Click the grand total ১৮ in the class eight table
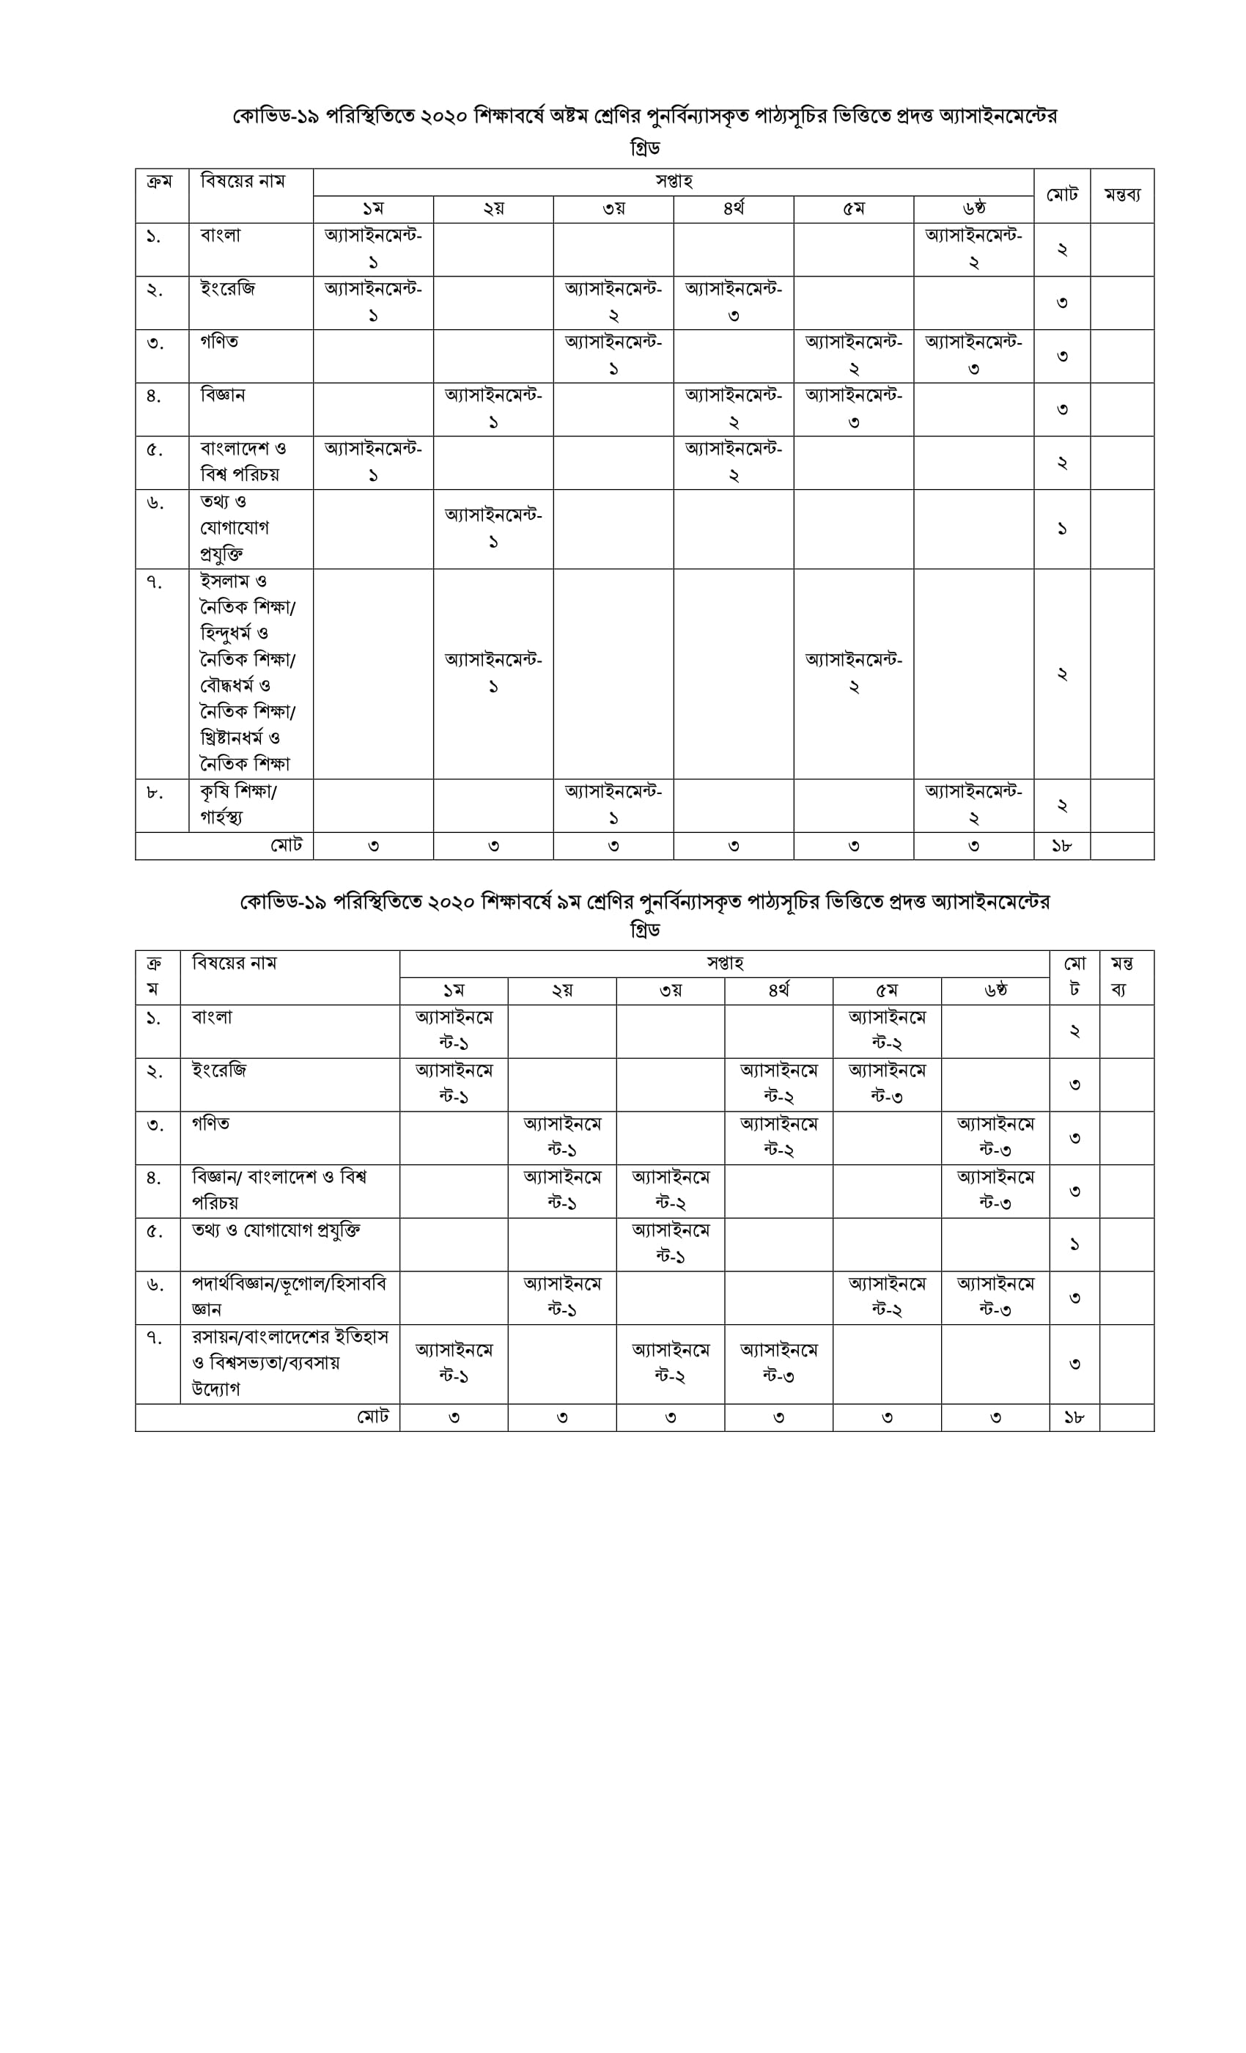pos(1061,845)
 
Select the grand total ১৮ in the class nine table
pos(1074,1417)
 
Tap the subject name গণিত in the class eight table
pos(219,342)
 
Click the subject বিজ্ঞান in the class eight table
pos(222,395)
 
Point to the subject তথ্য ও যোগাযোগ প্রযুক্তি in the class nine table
pos(276,1230)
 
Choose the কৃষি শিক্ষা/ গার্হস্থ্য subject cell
pos(239,804)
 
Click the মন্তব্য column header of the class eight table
pos(1122,195)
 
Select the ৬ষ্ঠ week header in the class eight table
pos(973,209)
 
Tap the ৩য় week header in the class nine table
pos(671,991)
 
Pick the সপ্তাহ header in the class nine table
pos(724,964)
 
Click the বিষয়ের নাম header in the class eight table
pos(243,182)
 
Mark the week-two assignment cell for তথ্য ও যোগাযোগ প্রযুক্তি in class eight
pos(493,528)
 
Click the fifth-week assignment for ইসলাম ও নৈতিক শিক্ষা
pos(853,673)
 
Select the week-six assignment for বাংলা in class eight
pos(973,249)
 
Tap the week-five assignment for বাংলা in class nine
pos(886,1031)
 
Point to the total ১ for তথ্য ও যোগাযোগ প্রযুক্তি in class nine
pos(1074,1244)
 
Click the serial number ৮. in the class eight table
pos(155,793)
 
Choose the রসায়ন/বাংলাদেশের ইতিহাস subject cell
pos(289,1362)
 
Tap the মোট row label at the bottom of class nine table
pos(372,1417)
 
